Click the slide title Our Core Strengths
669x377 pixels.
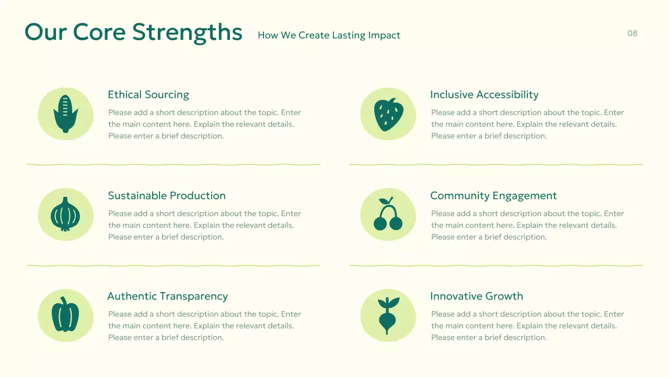133,32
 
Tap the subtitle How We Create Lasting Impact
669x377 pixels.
329,35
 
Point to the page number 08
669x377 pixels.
632,34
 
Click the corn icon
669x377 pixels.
65,114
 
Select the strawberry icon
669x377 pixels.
388,114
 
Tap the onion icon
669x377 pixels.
65,215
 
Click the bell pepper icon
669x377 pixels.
65,315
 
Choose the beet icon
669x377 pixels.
388,315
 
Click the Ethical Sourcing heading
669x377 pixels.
148,95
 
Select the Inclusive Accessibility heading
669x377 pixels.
484,95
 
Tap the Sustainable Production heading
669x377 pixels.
167,196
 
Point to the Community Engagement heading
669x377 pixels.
493,196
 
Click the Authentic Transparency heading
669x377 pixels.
167,296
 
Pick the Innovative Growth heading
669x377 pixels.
476,296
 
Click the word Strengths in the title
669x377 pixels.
187,32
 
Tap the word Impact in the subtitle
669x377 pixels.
384,35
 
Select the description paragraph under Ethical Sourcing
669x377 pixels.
204,124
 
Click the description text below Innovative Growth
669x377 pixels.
527,326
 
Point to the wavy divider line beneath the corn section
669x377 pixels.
173,164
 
